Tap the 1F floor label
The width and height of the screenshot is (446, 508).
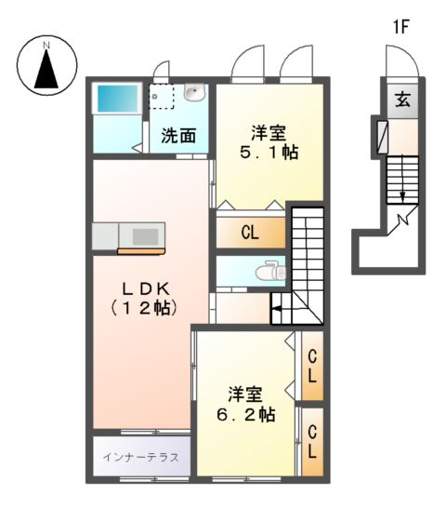(x=400, y=27)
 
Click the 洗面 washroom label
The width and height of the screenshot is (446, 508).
(x=178, y=135)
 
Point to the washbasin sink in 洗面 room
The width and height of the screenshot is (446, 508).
(x=195, y=92)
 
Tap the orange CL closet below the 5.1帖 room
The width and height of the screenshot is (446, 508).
(x=249, y=233)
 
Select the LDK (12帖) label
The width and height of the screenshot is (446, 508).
(x=144, y=295)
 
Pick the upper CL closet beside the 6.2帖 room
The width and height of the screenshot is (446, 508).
(x=313, y=365)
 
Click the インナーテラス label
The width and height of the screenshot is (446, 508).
(x=141, y=457)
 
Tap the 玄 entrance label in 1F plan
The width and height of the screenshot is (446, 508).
(x=403, y=100)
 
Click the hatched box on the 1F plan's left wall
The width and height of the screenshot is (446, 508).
(x=381, y=136)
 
